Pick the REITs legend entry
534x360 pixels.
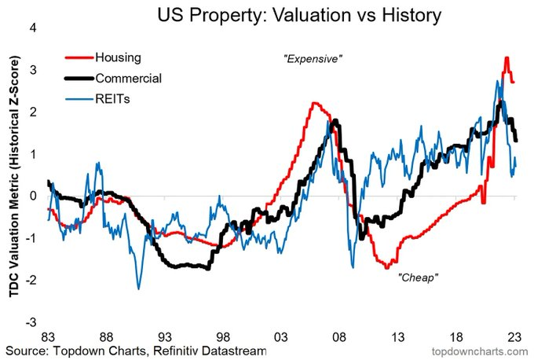(x=111, y=99)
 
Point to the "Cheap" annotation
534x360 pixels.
(x=417, y=277)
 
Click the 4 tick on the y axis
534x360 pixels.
(x=34, y=28)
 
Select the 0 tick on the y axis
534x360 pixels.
(x=34, y=196)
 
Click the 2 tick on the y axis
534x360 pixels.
(x=34, y=112)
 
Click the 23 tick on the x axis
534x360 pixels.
(x=515, y=333)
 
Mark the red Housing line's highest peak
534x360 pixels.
(x=507, y=57)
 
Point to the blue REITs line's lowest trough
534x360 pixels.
(x=139, y=288)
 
